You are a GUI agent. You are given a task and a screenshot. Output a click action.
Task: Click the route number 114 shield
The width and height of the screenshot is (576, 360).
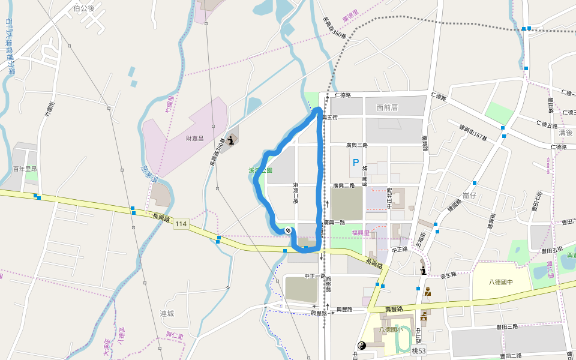coord(181,224)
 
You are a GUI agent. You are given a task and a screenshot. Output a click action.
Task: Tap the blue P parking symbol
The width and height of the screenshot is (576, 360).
coord(356,162)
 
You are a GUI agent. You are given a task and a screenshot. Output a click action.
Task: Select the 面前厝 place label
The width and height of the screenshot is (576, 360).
coord(388,107)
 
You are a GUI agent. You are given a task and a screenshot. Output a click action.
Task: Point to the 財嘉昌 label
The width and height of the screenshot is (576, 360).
coord(195,138)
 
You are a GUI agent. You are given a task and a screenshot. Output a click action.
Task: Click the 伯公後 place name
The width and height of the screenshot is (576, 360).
coord(83,8)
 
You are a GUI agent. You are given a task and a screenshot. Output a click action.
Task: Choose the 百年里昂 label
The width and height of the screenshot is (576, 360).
coord(25,169)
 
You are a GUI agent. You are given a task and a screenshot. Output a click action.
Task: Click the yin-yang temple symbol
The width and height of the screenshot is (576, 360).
coord(362,345)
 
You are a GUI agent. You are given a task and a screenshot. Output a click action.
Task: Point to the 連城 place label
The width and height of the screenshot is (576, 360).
coord(167,313)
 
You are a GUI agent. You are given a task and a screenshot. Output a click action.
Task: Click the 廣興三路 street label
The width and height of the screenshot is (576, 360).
coord(356,145)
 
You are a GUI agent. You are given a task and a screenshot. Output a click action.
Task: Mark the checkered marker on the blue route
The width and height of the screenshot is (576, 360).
coord(289,230)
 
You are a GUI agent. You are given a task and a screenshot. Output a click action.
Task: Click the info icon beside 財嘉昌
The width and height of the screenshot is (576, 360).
coord(232,140)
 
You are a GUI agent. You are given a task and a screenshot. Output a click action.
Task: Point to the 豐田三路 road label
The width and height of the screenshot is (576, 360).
coord(507,326)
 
